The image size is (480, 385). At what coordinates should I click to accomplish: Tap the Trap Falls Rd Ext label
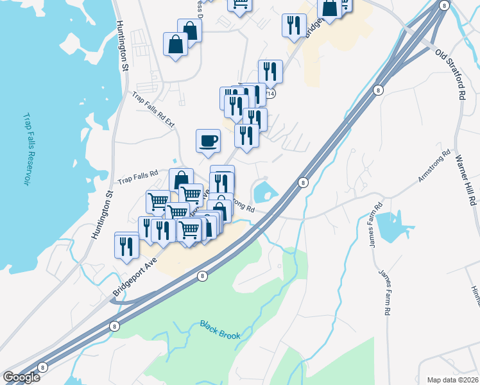click(153, 109)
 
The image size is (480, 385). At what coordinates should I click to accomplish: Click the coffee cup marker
click(208, 141)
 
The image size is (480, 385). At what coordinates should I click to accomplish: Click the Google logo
click(21, 377)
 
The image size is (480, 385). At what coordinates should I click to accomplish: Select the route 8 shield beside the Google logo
click(42, 368)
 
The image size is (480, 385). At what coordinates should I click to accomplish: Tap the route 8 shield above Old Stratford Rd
click(444, 5)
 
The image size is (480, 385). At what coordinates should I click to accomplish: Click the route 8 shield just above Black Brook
click(203, 276)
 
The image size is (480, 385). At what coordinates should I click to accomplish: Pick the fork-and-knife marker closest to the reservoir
click(126, 245)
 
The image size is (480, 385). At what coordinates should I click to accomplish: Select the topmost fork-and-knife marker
click(294, 25)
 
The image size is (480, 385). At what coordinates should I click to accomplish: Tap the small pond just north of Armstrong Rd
click(264, 192)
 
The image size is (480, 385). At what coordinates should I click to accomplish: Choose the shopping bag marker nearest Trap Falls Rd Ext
click(176, 44)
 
